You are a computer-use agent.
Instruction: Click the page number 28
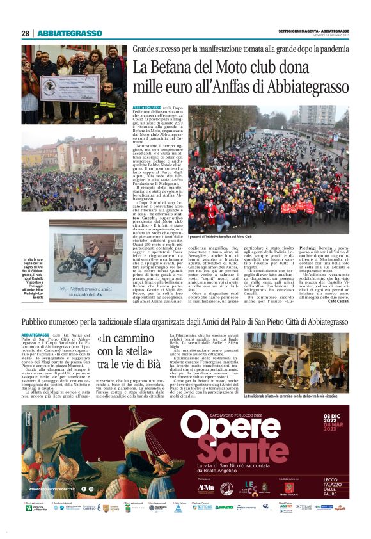click(x=25, y=33)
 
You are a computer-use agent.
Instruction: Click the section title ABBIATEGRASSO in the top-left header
click(x=70, y=33)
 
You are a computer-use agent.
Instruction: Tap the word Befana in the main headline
click(x=174, y=67)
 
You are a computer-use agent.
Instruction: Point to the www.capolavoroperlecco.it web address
click(x=52, y=490)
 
